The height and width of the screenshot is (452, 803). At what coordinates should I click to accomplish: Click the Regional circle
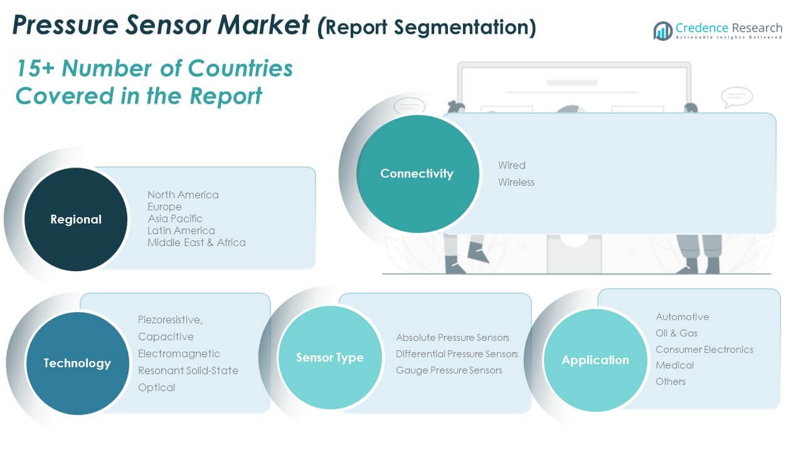(x=76, y=219)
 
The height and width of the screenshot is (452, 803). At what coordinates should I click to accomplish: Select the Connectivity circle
(x=417, y=174)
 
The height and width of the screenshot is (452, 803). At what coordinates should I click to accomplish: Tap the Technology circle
(x=77, y=363)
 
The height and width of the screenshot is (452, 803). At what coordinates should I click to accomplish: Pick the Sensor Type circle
(x=330, y=358)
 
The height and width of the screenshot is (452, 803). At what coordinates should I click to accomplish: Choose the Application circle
(x=595, y=360)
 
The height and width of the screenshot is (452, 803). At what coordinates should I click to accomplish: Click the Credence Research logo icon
(x=662, y=31)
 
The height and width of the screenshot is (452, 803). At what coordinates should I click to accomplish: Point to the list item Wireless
(x=516, y=182)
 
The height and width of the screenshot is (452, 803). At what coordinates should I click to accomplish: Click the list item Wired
(x=512, y=165)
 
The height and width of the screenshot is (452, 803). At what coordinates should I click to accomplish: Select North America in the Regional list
(x=183, y=195)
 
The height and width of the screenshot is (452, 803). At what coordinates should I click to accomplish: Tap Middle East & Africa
(x=196, y=242)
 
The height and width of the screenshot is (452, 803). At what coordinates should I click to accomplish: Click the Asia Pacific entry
(x=175, y=218)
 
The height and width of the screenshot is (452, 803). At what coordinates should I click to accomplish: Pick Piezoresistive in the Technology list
(x=170, y=320)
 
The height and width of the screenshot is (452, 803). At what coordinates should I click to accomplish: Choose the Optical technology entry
(x=157, y=387)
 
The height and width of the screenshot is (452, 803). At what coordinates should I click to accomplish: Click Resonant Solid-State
(x=188, y=370)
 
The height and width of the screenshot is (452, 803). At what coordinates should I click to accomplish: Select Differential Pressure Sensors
(x=457, y=354)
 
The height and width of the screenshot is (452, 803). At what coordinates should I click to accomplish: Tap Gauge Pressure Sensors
(x=449, y=370)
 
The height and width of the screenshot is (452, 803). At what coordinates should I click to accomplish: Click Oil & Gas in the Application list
(x=676, y=333)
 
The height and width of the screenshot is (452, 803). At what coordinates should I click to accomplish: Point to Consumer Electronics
(x=705, y=349)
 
